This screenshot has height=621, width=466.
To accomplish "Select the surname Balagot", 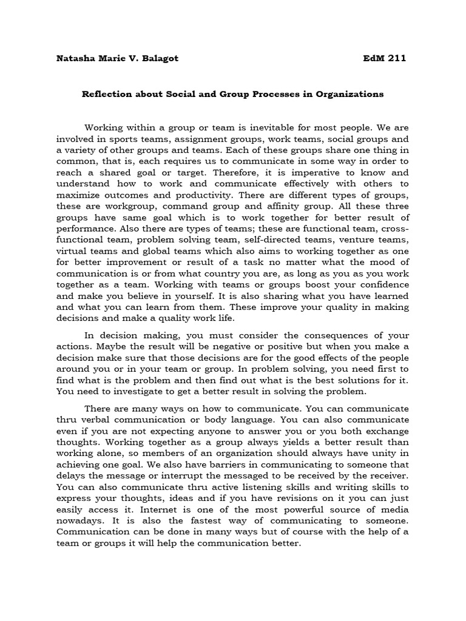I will point(158,58).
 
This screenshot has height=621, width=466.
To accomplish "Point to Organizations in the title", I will point(352,94).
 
